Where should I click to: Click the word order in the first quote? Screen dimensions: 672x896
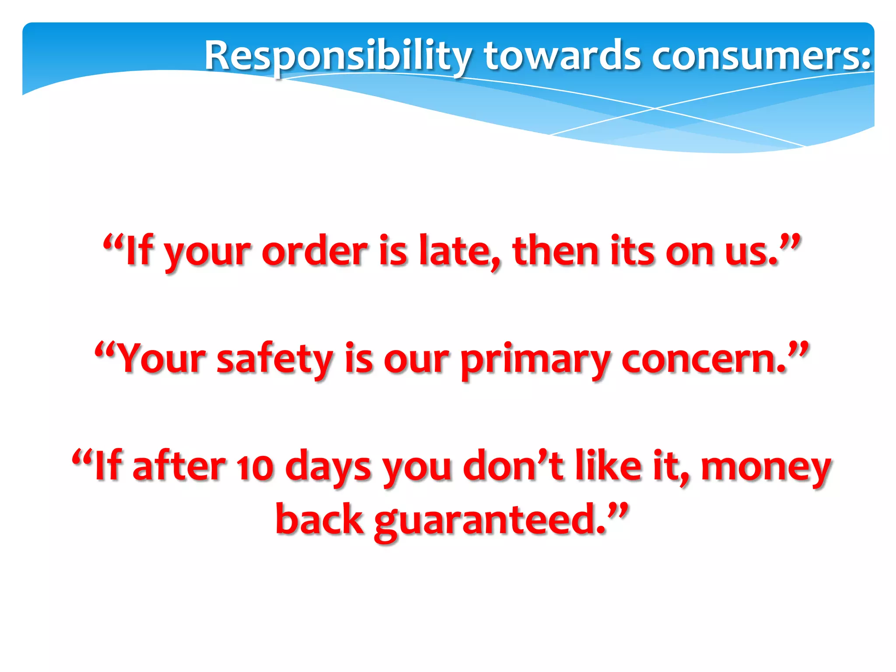click(315, 252)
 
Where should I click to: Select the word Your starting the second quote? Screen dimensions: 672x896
click(162, 359)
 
